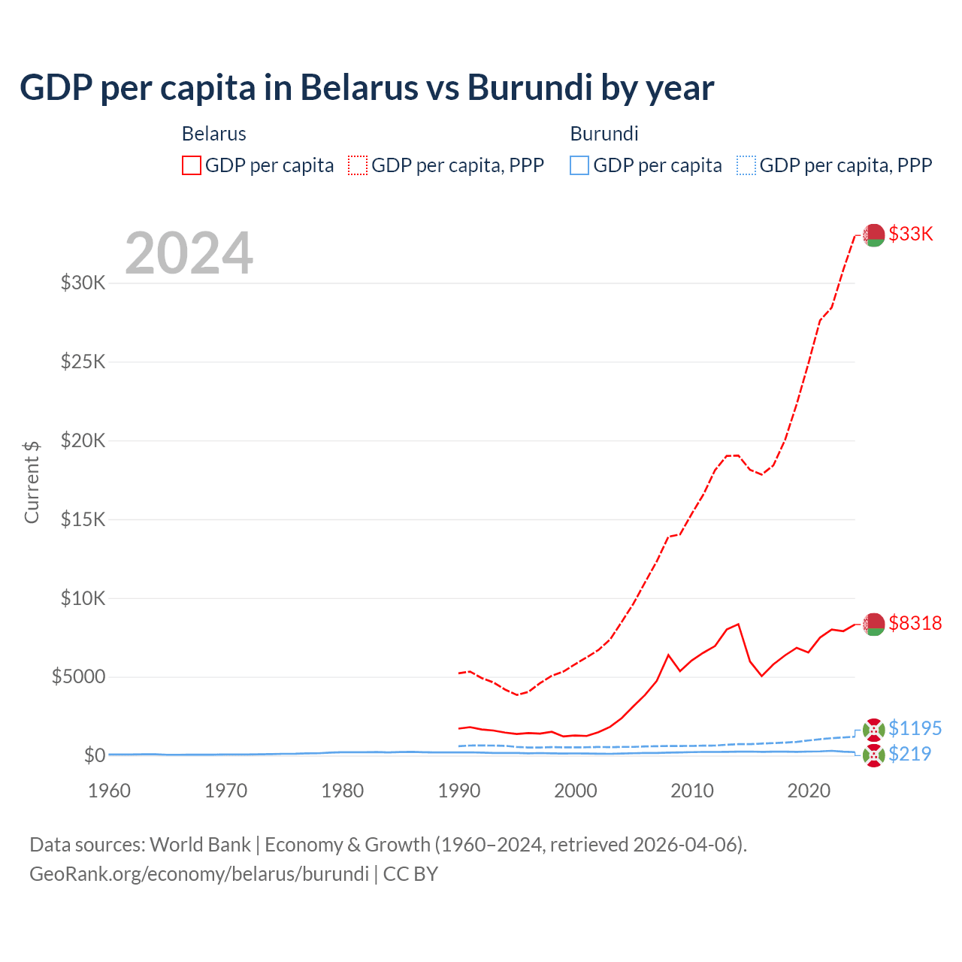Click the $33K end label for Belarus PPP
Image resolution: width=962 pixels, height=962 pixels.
tap(910, 234)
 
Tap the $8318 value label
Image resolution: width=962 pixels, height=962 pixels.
tap(915, 623)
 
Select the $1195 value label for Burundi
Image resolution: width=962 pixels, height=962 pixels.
tap(915, 728)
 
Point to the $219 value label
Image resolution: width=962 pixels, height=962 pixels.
tap(909, 754)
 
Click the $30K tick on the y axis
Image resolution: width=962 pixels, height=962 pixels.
tap(83, 283)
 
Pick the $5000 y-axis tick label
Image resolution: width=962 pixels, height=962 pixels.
tap(78, 676)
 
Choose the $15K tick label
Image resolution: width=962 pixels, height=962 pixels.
tap(83, 519)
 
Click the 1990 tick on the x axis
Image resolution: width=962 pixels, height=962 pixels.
tap(458, 791)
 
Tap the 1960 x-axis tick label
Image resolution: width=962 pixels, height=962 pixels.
tap(109, 791)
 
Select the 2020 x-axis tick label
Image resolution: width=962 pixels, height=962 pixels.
tap(808, 791)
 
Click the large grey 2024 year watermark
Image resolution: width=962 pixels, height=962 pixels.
tap(189, 254)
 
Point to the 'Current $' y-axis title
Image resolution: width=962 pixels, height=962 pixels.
tap(32, 482)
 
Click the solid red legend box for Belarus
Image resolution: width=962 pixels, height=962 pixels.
tap(192, 165)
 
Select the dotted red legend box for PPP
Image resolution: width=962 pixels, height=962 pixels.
tap(358, 165)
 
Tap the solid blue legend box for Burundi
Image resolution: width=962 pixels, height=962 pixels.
tap(579, 165)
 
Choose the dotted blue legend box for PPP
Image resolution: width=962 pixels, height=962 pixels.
tap(746, 165)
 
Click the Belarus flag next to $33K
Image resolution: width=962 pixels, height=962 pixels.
tap(873, 235)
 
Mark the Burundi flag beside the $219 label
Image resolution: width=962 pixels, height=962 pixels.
tap(873, 755)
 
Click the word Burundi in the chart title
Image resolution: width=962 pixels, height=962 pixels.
tap(529, 87)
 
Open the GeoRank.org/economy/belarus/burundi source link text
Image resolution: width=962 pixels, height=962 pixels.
tap(199, 874)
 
